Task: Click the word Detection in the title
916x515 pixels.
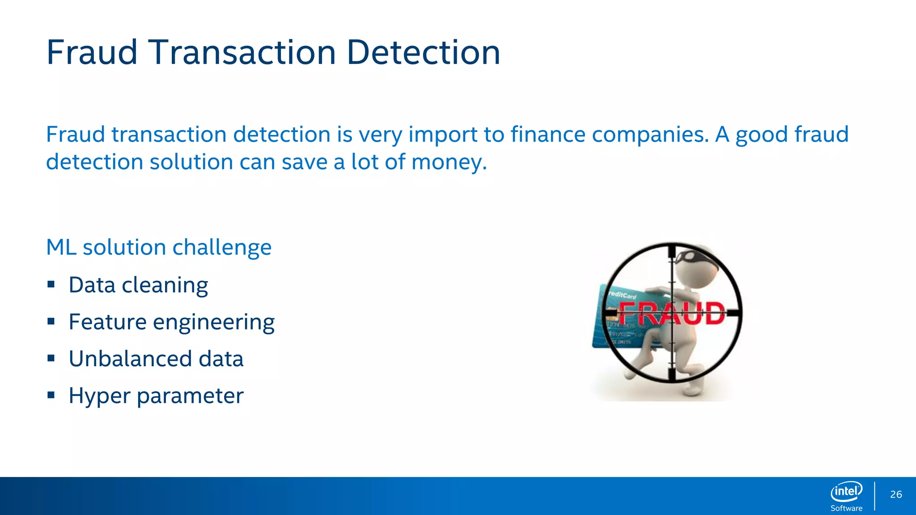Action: coord(423,53)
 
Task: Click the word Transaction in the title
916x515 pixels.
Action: coord(242,53)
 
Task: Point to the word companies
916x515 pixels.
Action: coord(650,135)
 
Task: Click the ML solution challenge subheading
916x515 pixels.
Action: coord(159,247)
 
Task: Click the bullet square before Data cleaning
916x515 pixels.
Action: coord(51,284)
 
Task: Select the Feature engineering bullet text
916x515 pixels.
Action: coord(171,322)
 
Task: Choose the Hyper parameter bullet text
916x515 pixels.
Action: coord(156,396)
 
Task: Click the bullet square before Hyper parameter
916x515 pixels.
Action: coord(51,395)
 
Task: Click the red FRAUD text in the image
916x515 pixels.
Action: coord(671,313)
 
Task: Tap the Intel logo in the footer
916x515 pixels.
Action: coord(846,492)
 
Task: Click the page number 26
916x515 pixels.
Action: coord(896,494)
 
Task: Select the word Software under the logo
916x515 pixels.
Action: coord(846,508)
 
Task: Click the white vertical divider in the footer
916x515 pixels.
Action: coord(874,495)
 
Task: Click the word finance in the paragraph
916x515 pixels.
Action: coord(548,135)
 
